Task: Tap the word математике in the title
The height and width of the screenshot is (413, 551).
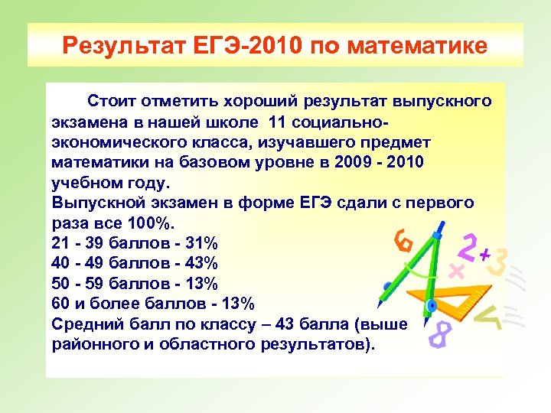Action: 416,47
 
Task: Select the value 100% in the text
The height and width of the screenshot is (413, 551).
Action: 155,223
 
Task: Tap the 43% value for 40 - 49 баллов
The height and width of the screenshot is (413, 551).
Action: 201,263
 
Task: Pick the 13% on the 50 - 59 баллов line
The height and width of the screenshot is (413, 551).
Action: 201,283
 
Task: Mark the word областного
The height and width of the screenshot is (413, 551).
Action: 199,343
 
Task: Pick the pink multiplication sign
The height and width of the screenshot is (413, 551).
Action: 457,270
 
